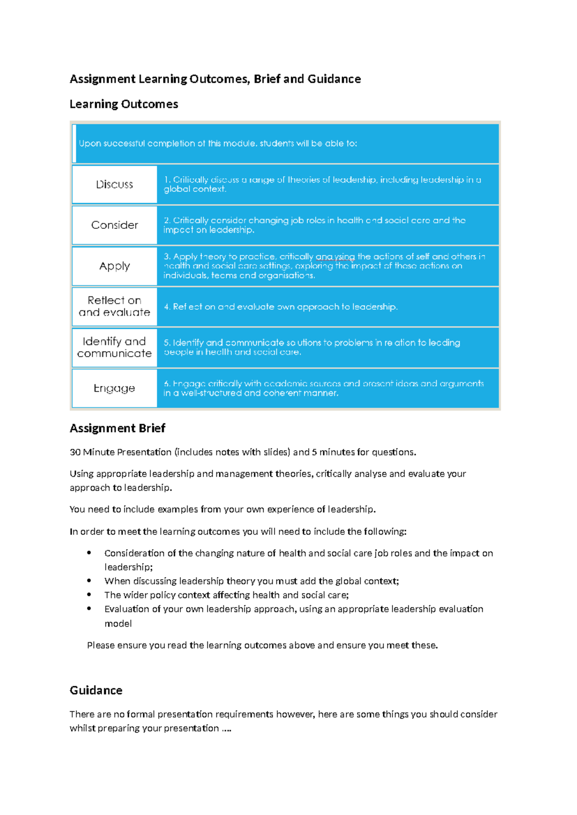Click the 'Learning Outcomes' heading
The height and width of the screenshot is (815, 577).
click(x=124, y=104)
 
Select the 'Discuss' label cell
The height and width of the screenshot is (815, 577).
click(x=114, y=185)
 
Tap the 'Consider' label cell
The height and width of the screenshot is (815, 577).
click(x=114, y=225)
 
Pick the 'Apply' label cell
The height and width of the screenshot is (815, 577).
click(x=114, y=266)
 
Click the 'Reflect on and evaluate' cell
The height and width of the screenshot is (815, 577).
click(x=114, y=307)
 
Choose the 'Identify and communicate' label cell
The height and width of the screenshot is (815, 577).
click(x=114, y=347)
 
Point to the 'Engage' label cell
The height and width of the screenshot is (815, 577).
click(x=114, y=388)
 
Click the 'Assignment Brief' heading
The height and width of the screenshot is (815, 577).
click(x=117, y=428)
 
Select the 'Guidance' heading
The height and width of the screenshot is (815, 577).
click(x=96, y=691)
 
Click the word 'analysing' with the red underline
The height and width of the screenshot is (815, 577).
click(x=335, y=257)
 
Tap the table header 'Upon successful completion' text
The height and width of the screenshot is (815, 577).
click(x=218, y=144)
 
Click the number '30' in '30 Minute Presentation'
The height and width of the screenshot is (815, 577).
click(x=75, y=452)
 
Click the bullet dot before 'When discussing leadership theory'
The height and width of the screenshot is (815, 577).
click(x=89, y=581)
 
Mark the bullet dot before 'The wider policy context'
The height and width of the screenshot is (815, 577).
click(x=89, y=595)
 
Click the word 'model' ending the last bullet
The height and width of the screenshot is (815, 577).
click(x=118, y=624)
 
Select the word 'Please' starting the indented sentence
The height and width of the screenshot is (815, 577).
click(x=101, y=645)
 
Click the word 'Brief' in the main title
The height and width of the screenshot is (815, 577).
click(x=267, y=79)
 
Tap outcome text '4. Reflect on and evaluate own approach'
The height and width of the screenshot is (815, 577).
click(x=280, y=307)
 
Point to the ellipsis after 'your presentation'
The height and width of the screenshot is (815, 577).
click(x=226, y=729)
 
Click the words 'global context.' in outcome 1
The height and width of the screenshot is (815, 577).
click(x=195, y=189)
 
